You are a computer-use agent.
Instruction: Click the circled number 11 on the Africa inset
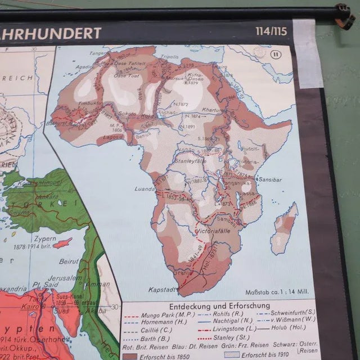pyautogui.click(x=275, y=55)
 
